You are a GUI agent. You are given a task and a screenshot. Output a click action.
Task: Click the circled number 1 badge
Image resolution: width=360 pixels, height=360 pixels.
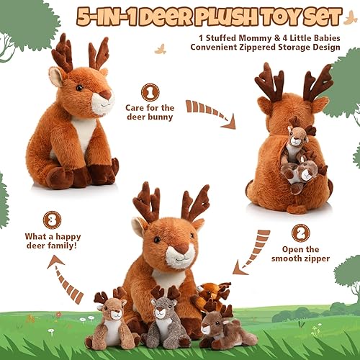(x=150, y=92)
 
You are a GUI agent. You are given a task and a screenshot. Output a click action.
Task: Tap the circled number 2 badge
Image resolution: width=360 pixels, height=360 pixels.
(x=301, y=232)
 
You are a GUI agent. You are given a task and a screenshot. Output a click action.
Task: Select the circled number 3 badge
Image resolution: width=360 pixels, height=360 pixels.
(x=52, y=220)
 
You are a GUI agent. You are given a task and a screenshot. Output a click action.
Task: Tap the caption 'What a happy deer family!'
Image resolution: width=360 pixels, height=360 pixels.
(x=52, y=245)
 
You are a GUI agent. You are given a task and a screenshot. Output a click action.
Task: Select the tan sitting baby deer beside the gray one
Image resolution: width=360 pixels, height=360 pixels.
(x=111, y=321)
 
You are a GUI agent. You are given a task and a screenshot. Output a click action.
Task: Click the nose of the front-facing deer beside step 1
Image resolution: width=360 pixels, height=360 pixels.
(x=105, y=94)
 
